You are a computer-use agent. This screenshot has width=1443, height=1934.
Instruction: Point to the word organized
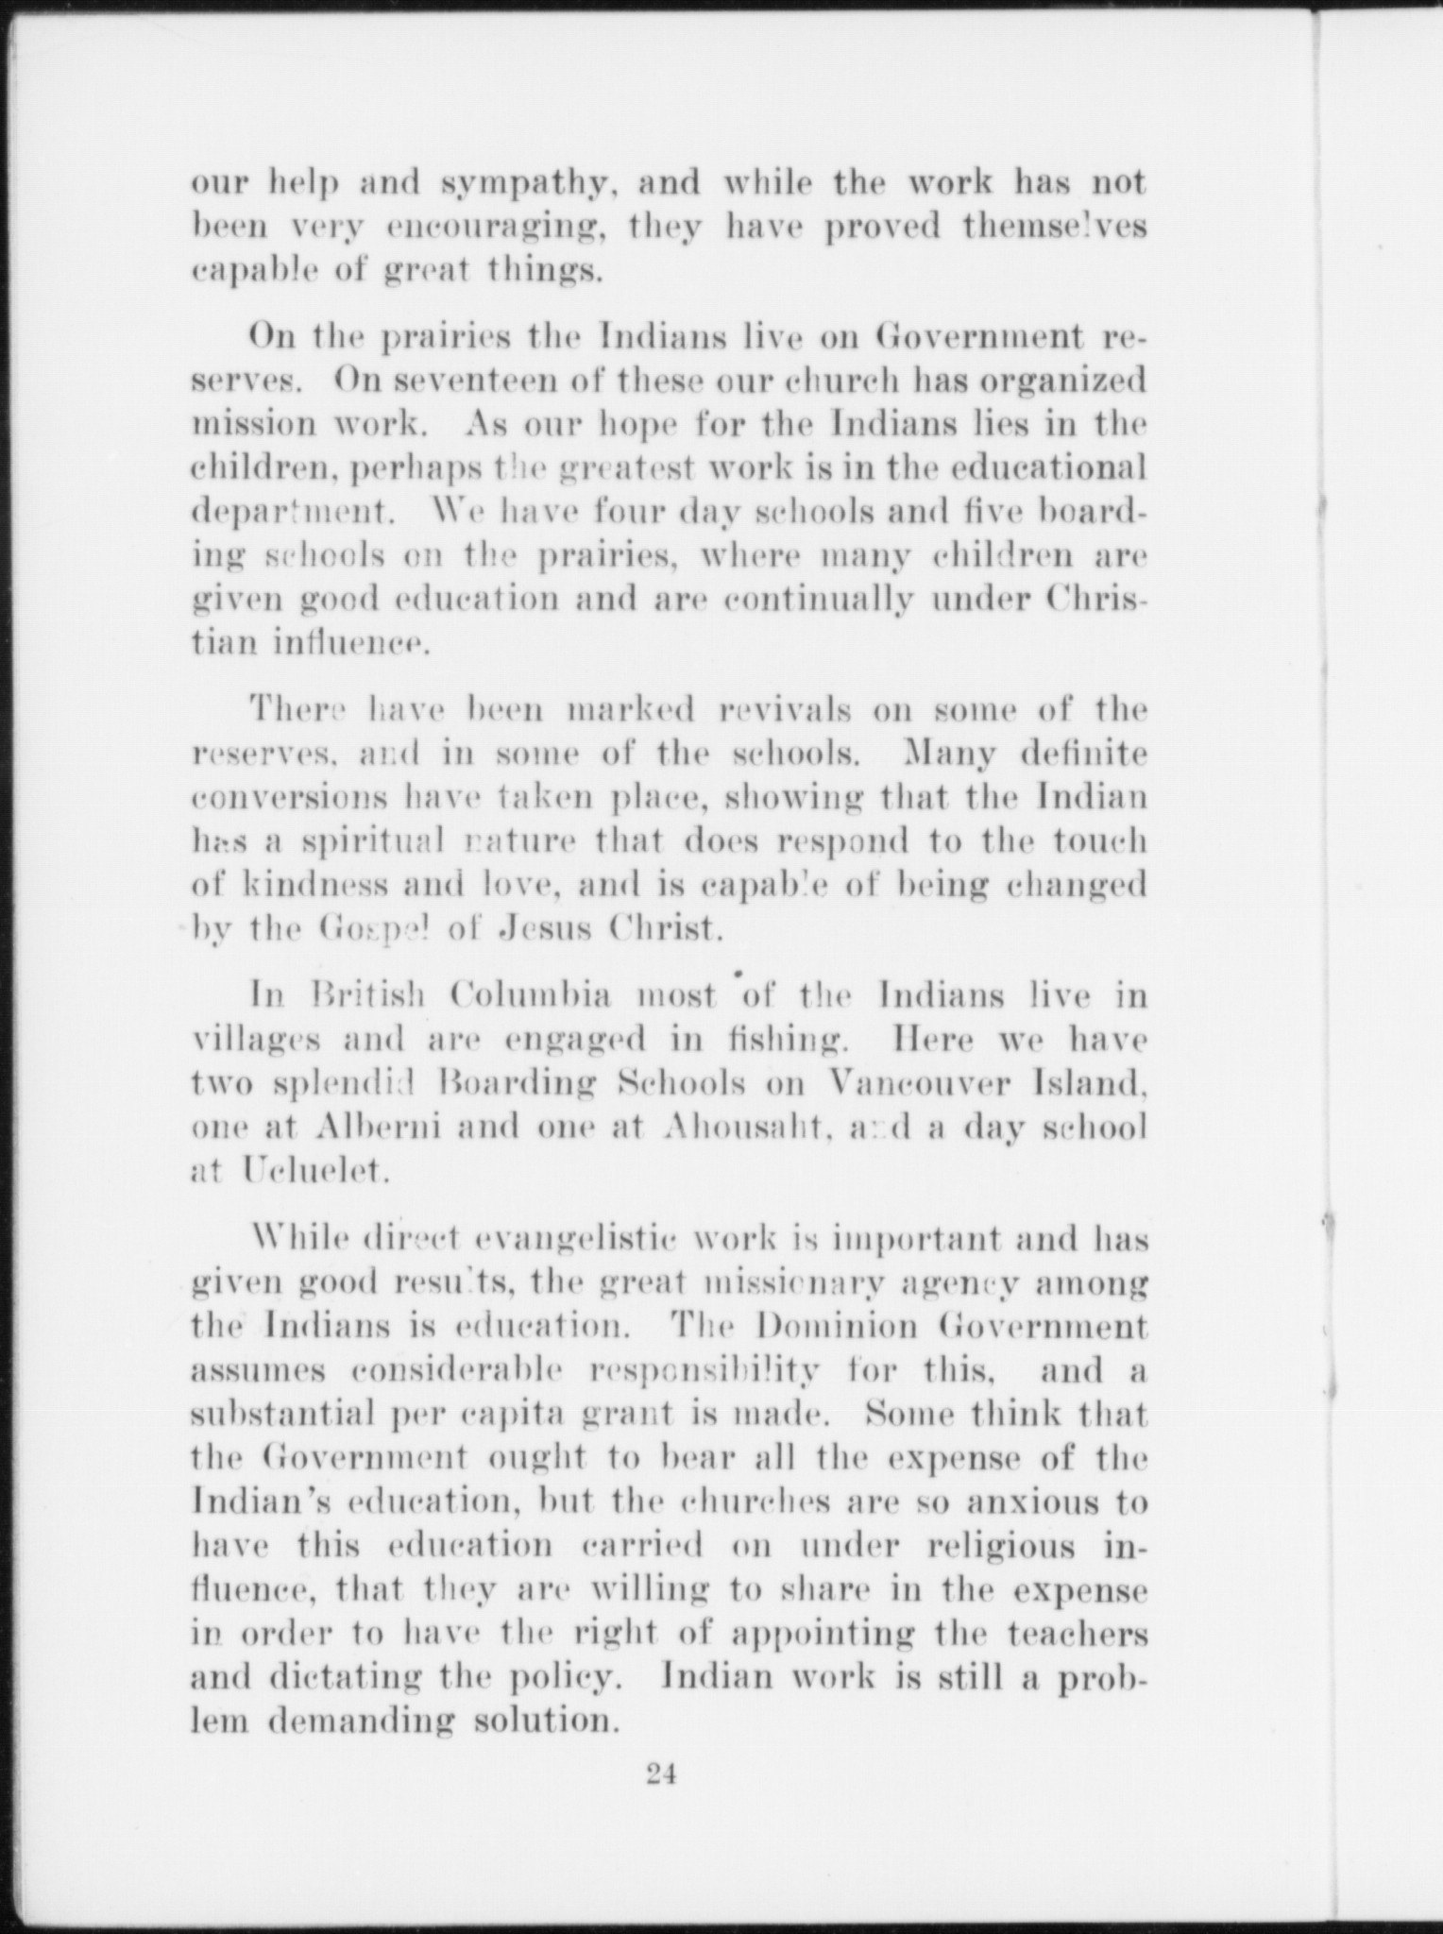(1062, 381)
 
